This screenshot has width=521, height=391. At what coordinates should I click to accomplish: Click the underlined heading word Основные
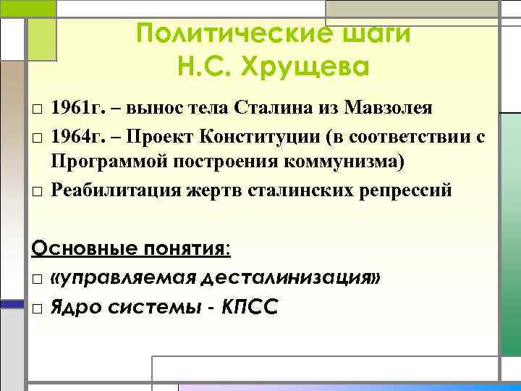click(76, 249)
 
